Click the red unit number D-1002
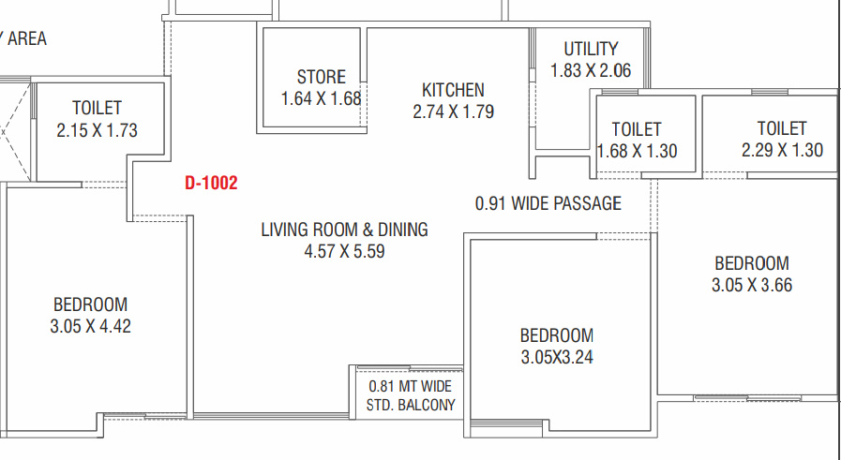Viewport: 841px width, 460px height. [x=211, y=183]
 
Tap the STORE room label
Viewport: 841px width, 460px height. [x=322, y=77]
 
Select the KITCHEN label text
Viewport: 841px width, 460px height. [x=453, y=90]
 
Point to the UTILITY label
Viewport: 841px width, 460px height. [x=591, y=49]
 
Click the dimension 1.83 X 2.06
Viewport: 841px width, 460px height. [x=591, y=70]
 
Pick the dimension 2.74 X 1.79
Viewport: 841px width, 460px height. [x=453, y=111]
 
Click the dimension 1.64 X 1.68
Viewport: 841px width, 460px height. [x=322, y=98]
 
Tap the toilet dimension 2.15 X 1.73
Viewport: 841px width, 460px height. [x=98, y=130]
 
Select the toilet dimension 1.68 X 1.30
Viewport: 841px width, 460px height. [x=638, y=151]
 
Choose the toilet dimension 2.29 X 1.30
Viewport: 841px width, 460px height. [x=783, y=150]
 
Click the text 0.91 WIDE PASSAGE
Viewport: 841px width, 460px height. [x=548, y=203]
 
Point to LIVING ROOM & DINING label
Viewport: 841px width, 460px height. [x=344, y=230]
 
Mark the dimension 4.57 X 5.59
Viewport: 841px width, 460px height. [x=344, y=251]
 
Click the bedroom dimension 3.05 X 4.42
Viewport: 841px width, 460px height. [x=91, y=326]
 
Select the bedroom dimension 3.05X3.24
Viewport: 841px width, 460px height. [x=557, y=357]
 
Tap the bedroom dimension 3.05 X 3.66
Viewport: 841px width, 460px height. [x=752, y=285]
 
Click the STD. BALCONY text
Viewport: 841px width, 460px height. [x=411, y=405]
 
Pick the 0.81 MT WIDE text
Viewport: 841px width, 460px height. [x=411, y=386]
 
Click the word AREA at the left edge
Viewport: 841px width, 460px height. [x=27, y=38]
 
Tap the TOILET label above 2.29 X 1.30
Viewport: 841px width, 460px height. [x=782, y=128]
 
